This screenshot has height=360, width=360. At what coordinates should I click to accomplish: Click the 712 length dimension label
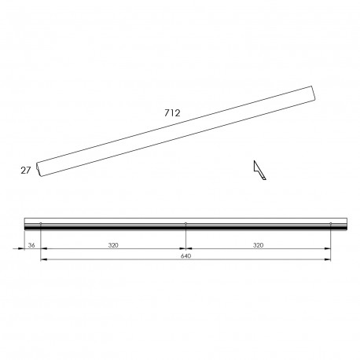coord(172,113)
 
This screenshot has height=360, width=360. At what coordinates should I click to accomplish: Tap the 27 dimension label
coord(26,171)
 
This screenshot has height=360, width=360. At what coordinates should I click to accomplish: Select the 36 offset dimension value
coord(31,245)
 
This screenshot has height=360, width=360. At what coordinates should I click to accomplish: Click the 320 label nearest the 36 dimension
coord(113,245)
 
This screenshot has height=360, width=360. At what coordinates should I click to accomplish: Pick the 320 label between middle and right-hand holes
coord(258,245)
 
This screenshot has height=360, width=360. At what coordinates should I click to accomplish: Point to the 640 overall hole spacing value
coord(186,256)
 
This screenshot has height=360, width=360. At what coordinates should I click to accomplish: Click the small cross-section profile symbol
coord(259,171)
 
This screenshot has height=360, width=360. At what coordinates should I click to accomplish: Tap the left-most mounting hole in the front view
coord(41,223)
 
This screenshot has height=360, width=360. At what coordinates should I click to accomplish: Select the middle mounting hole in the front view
coord(186,223)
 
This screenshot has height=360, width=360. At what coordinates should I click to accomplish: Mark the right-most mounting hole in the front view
coord(331,223)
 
